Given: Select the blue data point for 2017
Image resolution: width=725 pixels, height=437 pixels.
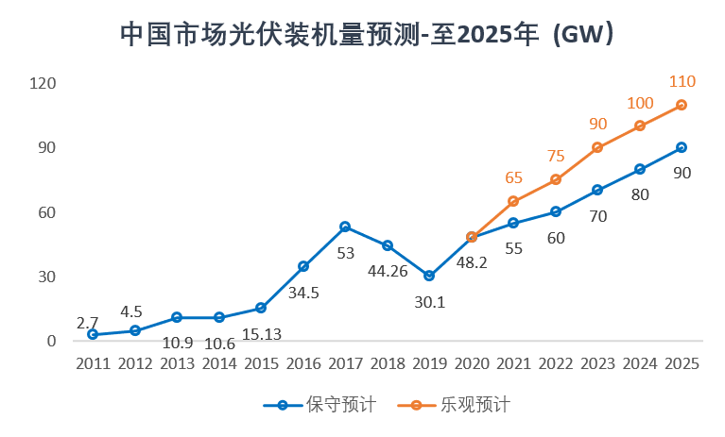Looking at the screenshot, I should [345, 227].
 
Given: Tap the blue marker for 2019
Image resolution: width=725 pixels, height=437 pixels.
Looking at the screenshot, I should [429, 276].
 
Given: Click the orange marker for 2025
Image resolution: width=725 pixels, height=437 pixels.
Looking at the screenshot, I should [682, 105].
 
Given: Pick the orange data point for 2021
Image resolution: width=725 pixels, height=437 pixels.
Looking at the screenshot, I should [513, 201].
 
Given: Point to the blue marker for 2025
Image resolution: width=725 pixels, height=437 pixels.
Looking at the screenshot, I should [682, 147].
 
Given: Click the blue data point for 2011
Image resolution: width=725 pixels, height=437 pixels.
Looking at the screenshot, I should [93, 334].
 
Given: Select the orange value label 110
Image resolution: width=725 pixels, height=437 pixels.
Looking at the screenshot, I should [682, 82].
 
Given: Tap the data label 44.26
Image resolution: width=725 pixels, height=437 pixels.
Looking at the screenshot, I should [388, 271].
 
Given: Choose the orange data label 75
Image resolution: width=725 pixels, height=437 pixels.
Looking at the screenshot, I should [556, 156].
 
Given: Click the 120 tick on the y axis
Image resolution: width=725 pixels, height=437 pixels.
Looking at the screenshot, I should [44, 83].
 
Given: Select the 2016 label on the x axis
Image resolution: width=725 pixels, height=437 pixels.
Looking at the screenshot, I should [303, 363].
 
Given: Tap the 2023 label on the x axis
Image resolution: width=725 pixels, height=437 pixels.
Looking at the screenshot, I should [597, 363].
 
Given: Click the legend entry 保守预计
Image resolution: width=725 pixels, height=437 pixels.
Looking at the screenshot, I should [322, 405].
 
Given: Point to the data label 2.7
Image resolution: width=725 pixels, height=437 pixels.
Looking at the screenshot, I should [87, 323].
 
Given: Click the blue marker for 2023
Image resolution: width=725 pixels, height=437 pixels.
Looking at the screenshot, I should [597, 190].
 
